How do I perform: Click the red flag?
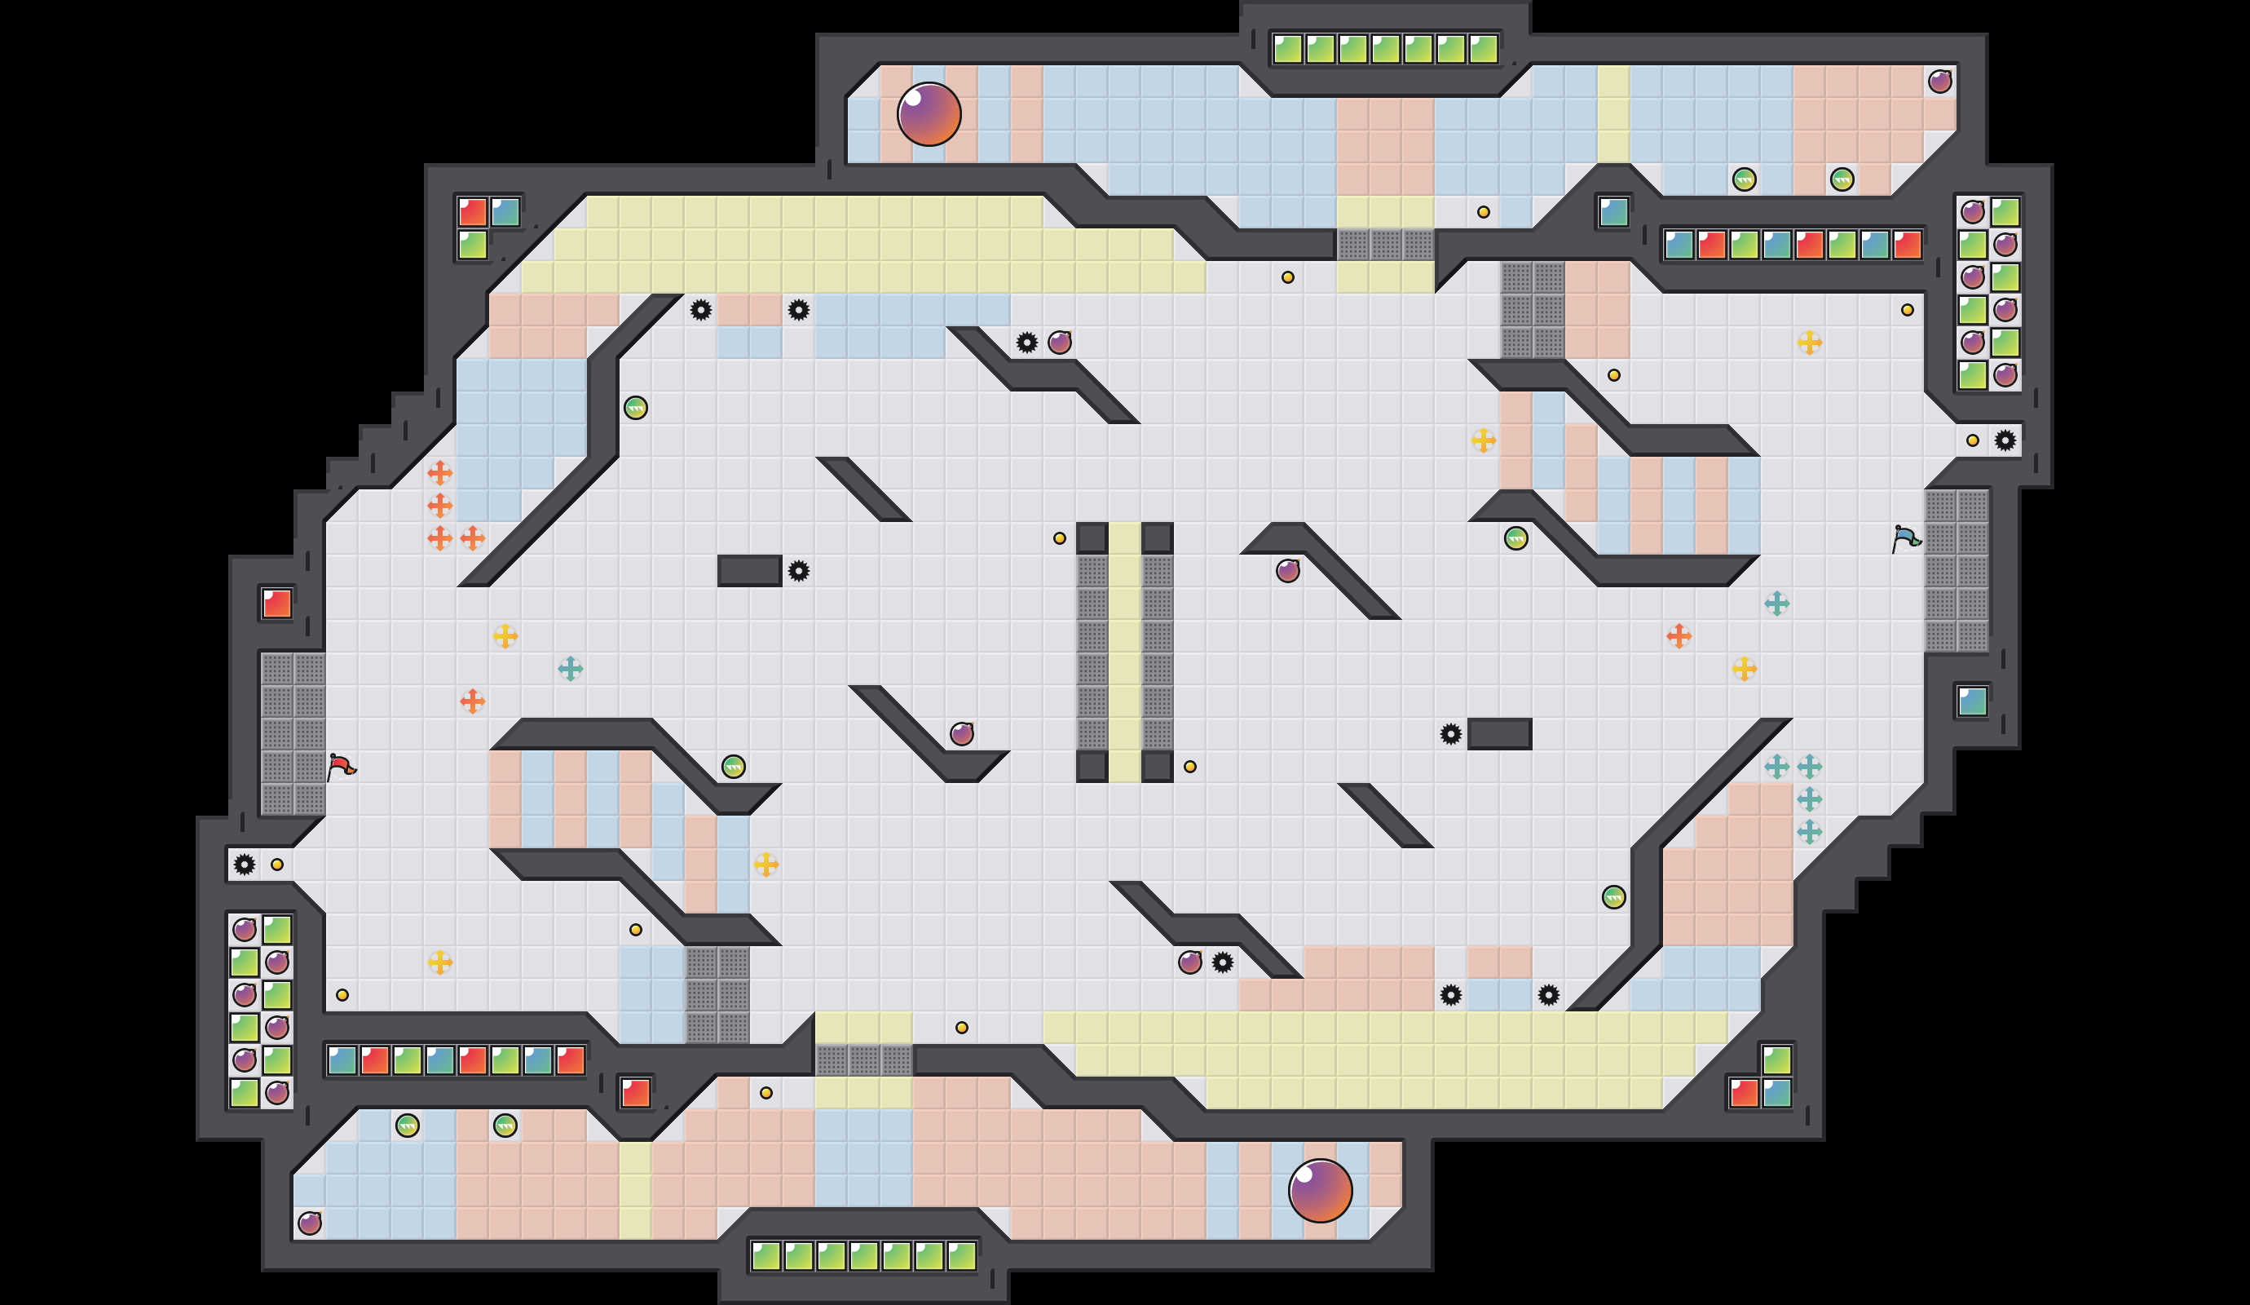click(x=340, y=767)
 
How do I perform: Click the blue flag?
click(x=1905, y=538)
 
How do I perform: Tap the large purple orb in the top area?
click(x=929, y=114)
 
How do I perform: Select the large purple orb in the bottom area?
click(x=1320, y=1191)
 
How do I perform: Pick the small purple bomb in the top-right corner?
click(x=1939, y=82)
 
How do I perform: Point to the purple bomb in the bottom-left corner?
click(x=310, y=1223)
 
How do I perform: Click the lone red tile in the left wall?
click(x=277, y=604)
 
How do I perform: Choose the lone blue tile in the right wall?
click(x=1972, y=701)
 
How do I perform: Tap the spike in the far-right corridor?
click(x=2005, y=440)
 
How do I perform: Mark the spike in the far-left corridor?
click(x=244, y=865)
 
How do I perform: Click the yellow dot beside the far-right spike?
click(x=1972, y=440)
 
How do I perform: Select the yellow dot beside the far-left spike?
click(x=277, y=865)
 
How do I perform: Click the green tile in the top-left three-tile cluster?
click(x=472, y=245)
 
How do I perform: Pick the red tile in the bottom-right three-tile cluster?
click(x=1744, y=1092)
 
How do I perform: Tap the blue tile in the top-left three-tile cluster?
click(x=505, y=212)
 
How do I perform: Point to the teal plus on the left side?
click(x=571, y=668)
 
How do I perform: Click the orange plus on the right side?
click(x=1679, y=636)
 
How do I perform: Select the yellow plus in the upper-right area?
click(x=1809, y=342)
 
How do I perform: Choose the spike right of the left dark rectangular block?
click(x=798, y=571)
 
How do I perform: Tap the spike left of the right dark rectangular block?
click(x=1451, y=734)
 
